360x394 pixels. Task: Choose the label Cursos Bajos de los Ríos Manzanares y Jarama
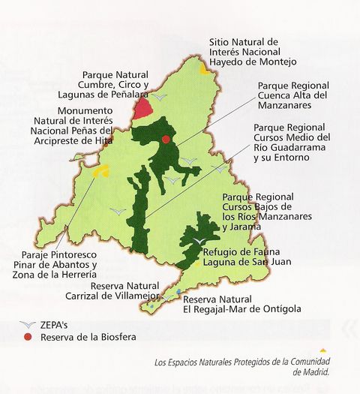pyautogui.click(x=262, y=211)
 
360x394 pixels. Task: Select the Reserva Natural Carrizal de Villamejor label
pyautogui.click(x=127, y=290)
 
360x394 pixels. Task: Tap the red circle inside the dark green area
pyautogui.click(x=166, y=139)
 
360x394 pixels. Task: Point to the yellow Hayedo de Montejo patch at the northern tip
pyautogui.click(x=204, y=68)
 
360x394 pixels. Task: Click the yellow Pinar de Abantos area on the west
pyautogui.click(x=101, y=170)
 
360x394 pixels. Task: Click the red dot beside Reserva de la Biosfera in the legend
pyautogui.click(x=28, y=338)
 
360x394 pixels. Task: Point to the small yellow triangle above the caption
pyautogui.click(x=322, y=350)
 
